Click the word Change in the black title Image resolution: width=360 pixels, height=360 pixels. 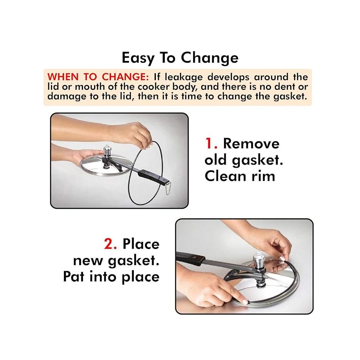(210, 58)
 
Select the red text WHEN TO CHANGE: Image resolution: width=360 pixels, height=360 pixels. (98, 77)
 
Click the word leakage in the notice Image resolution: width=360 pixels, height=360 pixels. (184, 77)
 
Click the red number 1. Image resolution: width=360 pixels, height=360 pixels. (211, 144)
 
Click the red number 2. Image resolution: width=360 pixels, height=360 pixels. (111, 244)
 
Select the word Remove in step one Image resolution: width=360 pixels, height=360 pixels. (251, 144)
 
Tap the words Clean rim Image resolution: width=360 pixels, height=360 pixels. (240, 176)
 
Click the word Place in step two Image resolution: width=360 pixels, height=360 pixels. (141, 244)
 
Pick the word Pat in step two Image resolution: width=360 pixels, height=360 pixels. (75, 277)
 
